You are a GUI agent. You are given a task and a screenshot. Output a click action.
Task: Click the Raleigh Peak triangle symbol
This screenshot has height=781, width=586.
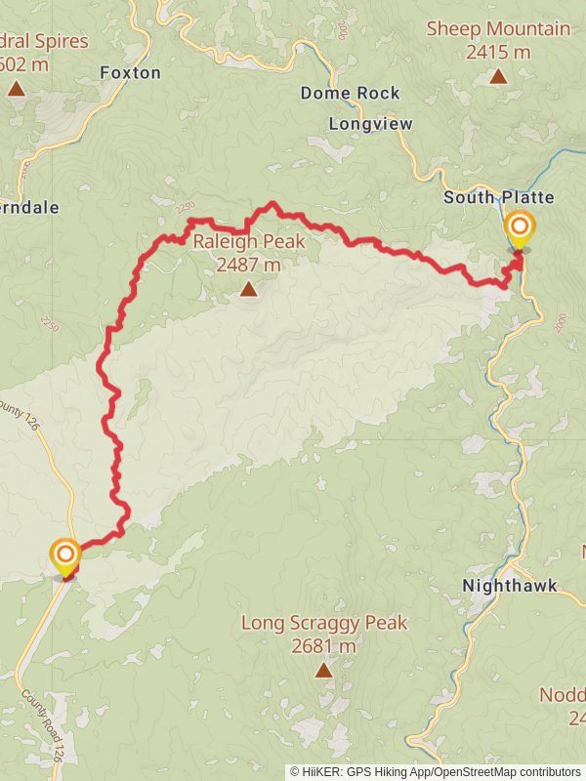pyautogui.click(x=249, y=289)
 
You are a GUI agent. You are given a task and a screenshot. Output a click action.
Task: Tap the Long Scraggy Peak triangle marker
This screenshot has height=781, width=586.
pyautogui.click(x=323, y=670)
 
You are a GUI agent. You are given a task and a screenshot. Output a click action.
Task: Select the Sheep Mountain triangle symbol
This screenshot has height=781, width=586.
pyautogui.click(x=498, y=76)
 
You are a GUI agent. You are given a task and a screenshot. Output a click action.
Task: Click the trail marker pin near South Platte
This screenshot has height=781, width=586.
pyautogui.click(x=519, y=230)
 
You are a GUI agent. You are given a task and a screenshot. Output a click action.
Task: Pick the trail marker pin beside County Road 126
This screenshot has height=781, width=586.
pyautogui.click(x=65, y=557)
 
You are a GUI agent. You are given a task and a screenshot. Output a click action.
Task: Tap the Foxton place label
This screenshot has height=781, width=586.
pyautogui.click(x=130, y=72)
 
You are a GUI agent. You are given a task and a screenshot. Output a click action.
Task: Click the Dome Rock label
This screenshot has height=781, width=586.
pyautogui.click(x=350, y=93)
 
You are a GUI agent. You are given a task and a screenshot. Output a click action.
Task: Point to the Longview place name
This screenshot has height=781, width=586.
pyautogui.click(x=370, y=124)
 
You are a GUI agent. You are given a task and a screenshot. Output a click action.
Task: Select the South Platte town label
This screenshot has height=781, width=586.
pyautogui.click(x=498, y=197)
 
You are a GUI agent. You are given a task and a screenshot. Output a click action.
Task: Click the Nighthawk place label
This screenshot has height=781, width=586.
pyautogui.click(x=509, y=586)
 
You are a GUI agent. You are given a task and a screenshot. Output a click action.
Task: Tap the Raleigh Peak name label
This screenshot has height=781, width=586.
pyautogui.click(x=249, y=242)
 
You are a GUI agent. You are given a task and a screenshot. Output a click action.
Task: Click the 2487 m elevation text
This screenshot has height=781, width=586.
pyautogui.click(x=249, y=265)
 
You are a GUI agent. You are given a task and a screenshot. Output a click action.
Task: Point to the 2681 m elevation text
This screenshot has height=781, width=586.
pyautogui.click(x=323, y=645)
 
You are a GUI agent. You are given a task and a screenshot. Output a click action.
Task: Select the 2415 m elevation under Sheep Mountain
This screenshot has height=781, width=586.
pyautogui.click(x=498, y=52)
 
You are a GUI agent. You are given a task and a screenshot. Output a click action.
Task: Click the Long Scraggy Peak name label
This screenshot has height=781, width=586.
pyautogui.click(x=323, y=623)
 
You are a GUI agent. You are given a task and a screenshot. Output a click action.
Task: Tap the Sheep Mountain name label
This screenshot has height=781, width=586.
pyautogui.click(x=498, y=28)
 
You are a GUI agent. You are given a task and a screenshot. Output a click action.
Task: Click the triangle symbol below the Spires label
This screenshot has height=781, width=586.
pyautogui.click(x=16, y=89)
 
